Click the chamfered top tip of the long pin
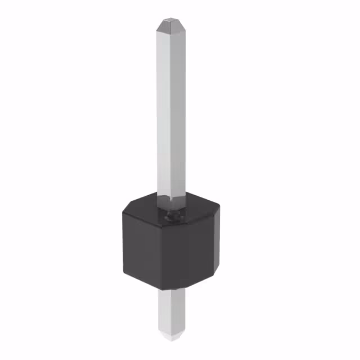point(170,25)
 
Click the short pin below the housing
point(172,315)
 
